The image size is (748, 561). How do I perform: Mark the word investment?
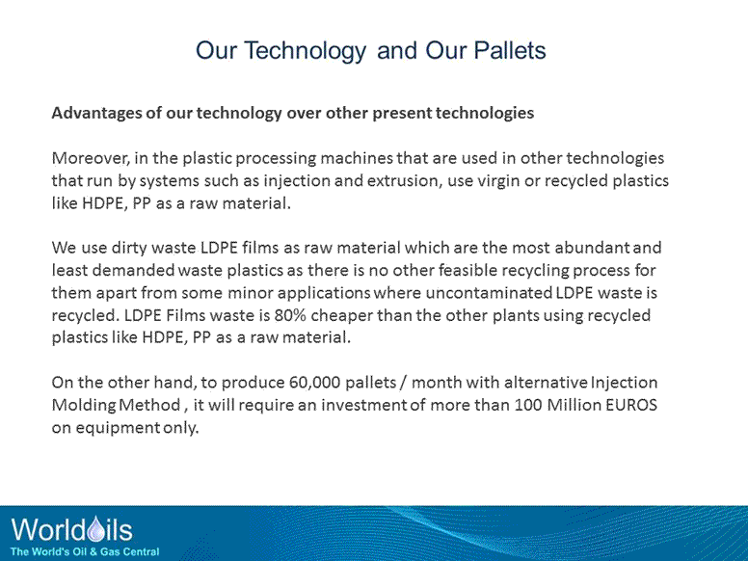pos(360,406)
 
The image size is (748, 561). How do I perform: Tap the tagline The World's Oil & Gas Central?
pos(85,550)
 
